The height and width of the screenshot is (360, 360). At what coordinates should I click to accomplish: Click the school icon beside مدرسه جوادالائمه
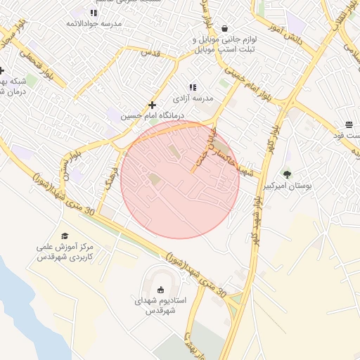coord(94,13)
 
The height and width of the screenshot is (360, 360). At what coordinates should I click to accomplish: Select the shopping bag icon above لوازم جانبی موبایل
coord(224,29)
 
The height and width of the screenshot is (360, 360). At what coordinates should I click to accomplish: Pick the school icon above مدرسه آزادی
coord(193,86)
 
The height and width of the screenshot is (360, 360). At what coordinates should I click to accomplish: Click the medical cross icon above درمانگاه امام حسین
coord(152,105)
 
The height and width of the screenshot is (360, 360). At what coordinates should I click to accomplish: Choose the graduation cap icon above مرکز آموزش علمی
coord(65,236)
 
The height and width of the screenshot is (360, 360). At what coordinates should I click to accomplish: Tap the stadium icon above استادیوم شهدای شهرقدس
coord(160,289)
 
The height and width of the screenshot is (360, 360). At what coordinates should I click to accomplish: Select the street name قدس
coord(149,52)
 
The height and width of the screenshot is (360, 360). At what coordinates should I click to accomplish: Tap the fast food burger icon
coord(349,124)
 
